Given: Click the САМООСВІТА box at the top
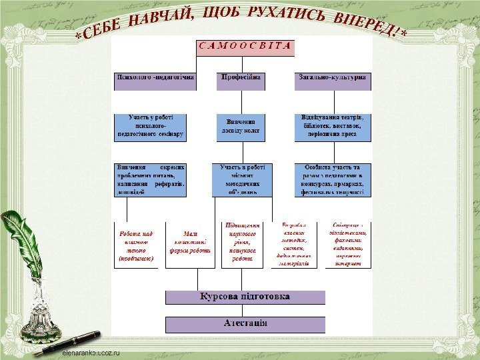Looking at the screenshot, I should [245, 47].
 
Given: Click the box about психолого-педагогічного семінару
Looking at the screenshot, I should [151, 127].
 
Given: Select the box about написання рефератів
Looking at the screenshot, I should [151, 179].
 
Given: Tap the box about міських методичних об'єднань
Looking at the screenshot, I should [243, 179].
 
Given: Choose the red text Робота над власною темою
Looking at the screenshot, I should [136, 245].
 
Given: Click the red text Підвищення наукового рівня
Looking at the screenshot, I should [243, 242].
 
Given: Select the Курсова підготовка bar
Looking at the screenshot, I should [245, 297].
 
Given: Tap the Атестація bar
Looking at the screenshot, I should [245, 324].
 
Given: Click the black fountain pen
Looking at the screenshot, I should [70, 342].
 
